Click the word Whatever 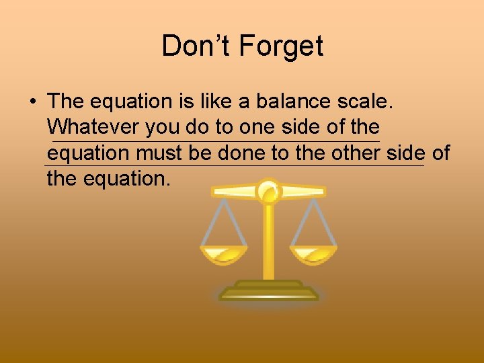(x=93, y=127)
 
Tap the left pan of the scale (x=225, y=255)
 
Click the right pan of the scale (x=314, y=255)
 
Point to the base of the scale (x=269, y=292)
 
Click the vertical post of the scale (x=269, y=242)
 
